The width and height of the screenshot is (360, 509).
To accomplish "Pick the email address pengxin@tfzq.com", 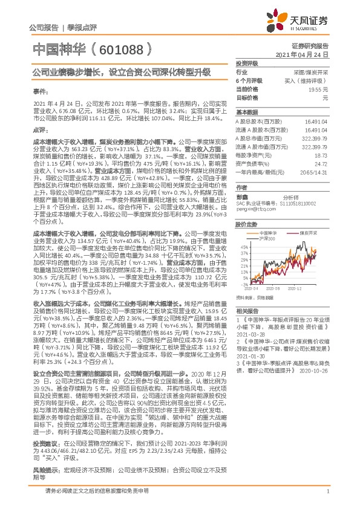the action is (252, 208).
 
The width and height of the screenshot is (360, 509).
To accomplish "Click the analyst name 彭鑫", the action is (242, 197).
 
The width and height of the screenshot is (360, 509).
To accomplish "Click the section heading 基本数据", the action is (246, 113).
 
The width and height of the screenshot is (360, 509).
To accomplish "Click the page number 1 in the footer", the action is (327, 499).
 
